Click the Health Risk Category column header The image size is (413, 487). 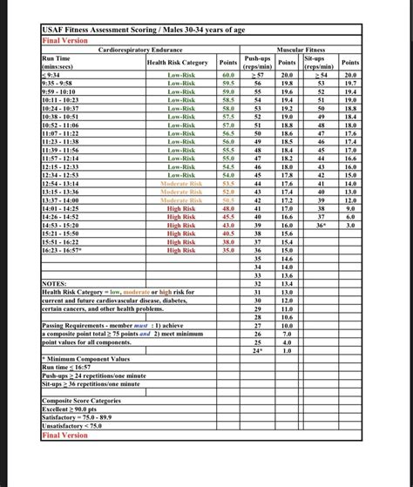tap(178, 63)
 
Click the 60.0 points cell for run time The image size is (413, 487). tap(228, 76)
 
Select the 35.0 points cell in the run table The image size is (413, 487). tap(228, 250)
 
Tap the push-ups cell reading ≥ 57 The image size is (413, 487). tap(257, 76)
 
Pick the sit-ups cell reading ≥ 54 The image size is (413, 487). tap(321, 76)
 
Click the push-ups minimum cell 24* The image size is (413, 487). tap(257, 350)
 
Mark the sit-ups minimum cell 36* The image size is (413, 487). tap(321, 225)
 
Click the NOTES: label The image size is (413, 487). tap(54, 283)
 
